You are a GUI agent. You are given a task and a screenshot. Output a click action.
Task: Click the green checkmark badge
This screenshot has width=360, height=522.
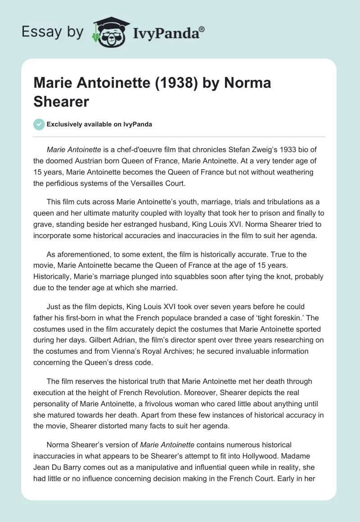[39, 124]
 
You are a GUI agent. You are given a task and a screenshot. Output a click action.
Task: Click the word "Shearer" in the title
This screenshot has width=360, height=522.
[61, 101]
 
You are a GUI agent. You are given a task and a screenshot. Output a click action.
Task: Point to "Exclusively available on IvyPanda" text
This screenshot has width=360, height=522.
[99, 125]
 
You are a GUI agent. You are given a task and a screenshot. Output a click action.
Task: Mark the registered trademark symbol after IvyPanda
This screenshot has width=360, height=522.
[202, 28]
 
